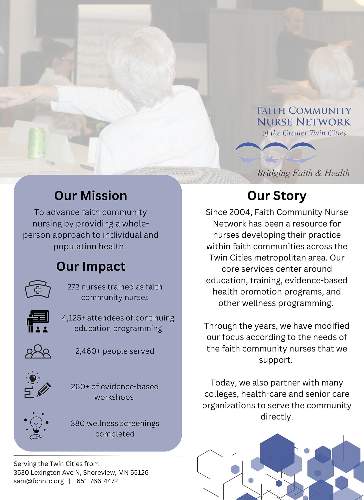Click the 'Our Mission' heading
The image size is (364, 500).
click(91, 196)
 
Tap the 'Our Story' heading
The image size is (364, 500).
click(277, 196)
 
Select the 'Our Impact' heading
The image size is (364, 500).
click(91, 266)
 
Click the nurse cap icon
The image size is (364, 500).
click(38, 289)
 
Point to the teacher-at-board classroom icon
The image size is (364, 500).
click(38, 321)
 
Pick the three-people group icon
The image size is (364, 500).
click(38, 351)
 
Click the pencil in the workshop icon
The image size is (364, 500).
click(44, 389)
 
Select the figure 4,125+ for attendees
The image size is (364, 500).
click(73, 318)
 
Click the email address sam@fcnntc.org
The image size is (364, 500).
click(39, 481)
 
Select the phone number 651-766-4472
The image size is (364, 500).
click(97, 481)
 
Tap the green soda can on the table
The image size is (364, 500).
click(37, 143)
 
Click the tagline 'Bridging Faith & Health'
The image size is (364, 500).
click(303, 173)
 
